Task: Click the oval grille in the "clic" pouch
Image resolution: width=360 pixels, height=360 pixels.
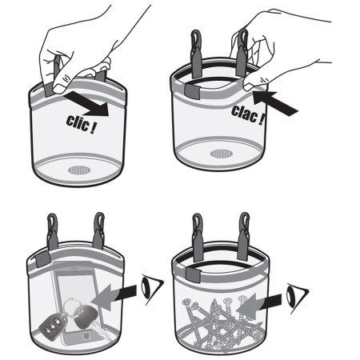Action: pos(78,169)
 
